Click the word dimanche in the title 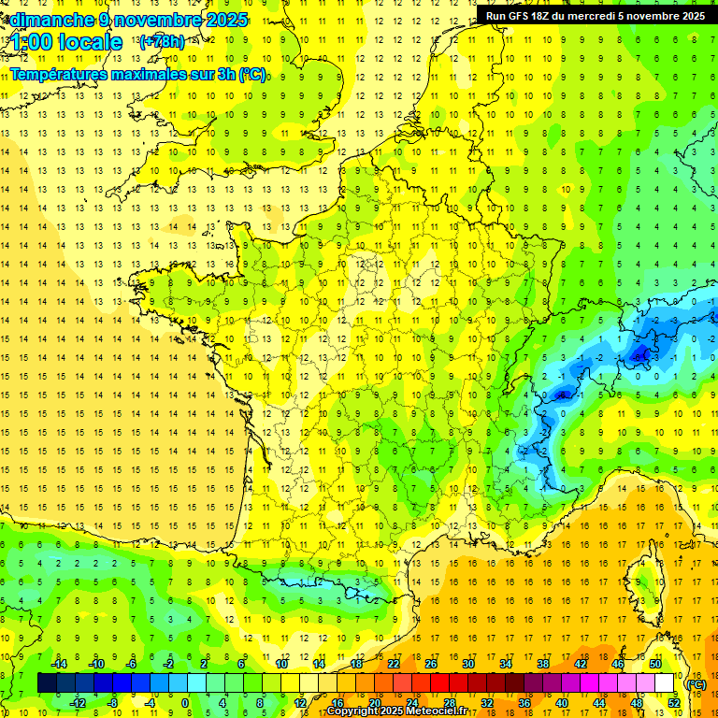51,20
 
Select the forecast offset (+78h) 162,42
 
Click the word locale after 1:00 89,42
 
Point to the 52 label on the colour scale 673,703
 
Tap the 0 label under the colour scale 186,703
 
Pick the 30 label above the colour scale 467,664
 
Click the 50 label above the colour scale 654,664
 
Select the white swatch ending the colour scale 665,683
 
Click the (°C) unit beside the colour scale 696,683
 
